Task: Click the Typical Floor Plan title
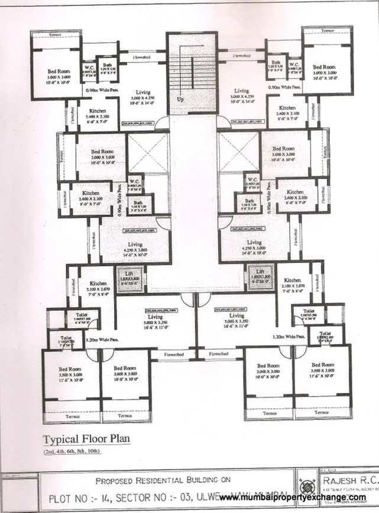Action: coord(86,439)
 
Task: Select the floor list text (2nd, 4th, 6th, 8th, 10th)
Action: coord(72,452)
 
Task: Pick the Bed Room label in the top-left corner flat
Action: coord(60,74)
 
